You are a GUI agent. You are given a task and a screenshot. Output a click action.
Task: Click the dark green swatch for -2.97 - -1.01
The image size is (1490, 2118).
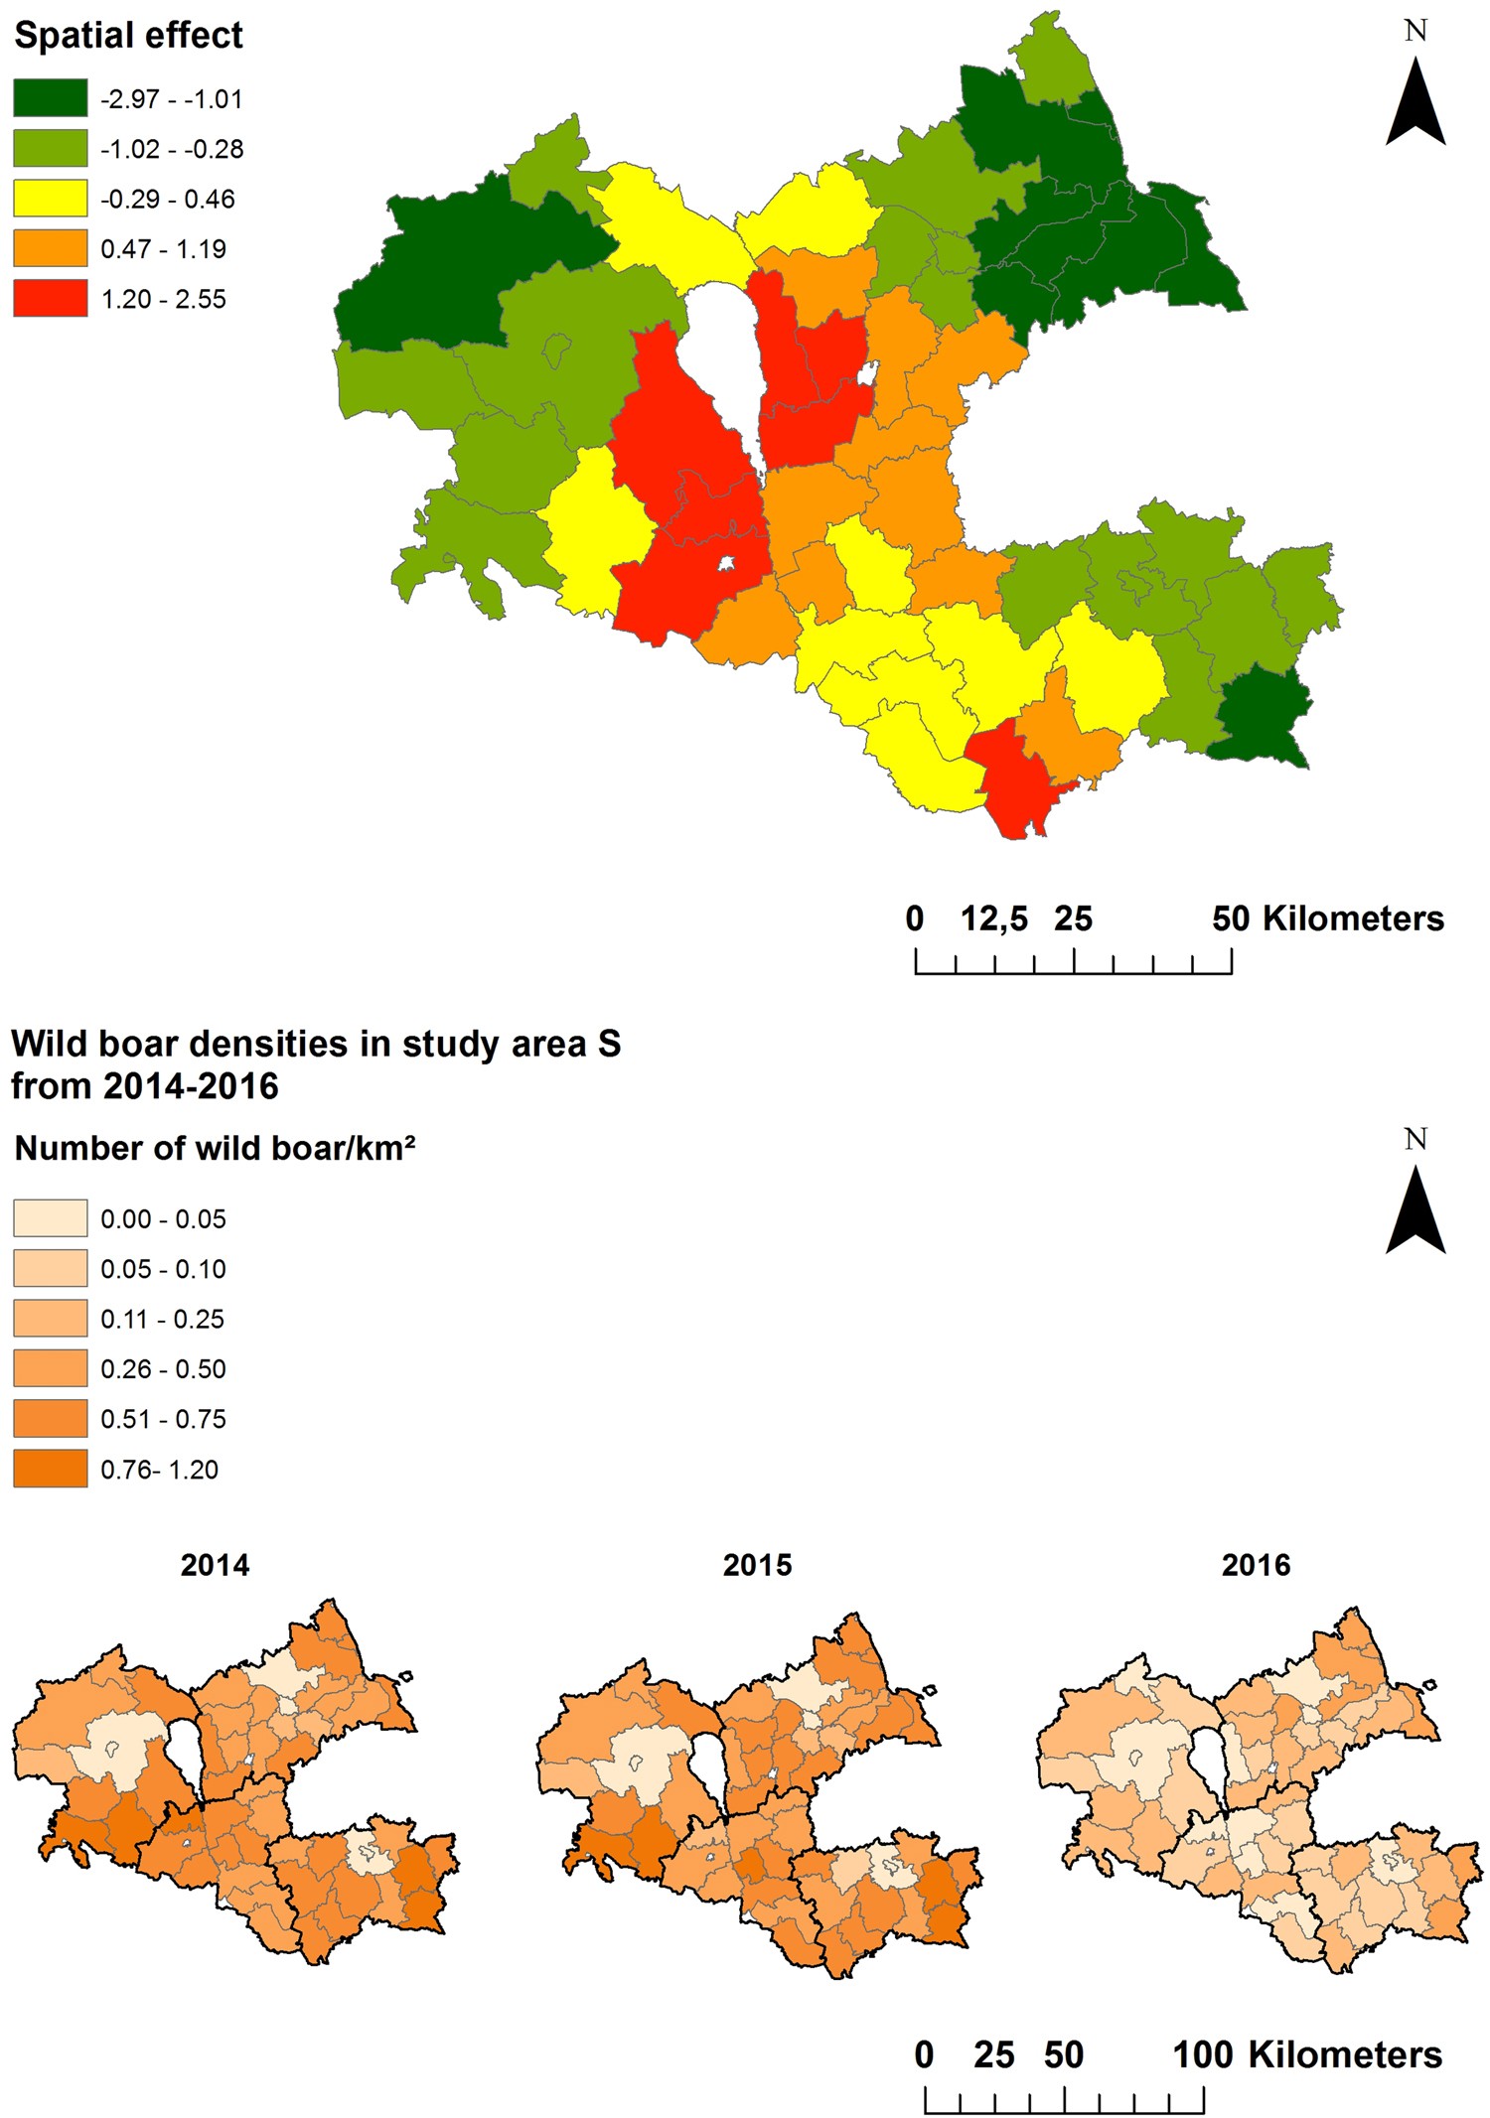coord(51,98)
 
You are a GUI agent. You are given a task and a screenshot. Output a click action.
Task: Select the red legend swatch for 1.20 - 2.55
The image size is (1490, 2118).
coord(51,298)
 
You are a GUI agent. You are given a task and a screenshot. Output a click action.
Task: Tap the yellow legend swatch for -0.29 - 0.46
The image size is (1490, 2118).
coord(51,199)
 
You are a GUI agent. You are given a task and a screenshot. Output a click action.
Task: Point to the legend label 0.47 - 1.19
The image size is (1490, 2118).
coord(164,249)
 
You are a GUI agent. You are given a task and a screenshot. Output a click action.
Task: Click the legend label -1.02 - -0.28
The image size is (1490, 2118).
coord(172,149)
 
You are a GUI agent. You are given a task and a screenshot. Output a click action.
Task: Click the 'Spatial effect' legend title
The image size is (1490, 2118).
coord(128,36)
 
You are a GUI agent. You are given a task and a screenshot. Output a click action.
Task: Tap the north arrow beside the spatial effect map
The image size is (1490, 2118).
coord(1415,99)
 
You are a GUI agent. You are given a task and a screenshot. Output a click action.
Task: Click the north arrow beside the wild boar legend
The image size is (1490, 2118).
coord(1415,1207)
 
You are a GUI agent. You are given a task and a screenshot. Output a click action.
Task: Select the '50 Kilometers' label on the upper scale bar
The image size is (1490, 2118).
coord(1327,918)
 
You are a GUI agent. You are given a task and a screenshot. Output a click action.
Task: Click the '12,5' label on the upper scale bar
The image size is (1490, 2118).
coord(993,918)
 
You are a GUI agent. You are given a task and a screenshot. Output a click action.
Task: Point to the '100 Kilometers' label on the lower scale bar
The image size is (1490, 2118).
coord(1307,2054)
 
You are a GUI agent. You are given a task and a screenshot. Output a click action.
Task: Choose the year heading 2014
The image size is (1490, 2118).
coord(215,1565)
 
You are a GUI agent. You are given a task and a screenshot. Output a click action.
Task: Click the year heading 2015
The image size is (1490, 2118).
coord(757,1565)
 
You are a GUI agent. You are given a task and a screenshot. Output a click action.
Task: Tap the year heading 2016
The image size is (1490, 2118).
coord(1256,1565)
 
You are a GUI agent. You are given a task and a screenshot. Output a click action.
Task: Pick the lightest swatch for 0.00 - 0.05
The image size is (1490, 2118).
coord(51,1218)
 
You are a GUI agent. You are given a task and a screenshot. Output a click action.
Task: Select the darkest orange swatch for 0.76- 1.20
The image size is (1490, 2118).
coord(51,1469)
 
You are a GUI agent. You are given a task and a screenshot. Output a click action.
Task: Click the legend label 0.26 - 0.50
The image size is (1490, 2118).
coord(164,1369)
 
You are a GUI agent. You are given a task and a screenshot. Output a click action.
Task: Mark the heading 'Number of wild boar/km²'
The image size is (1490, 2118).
coord(215,1149)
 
